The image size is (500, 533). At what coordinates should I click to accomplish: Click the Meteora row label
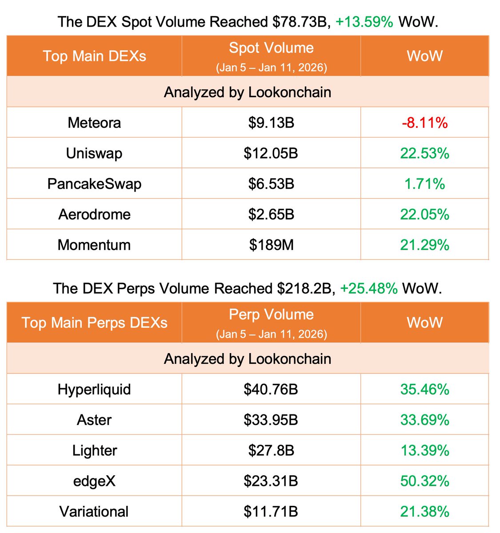[x=94, y=123]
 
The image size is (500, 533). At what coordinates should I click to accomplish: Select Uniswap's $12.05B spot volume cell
[x=271, y=153]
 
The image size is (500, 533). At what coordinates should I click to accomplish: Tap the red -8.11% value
[x=424, y=123]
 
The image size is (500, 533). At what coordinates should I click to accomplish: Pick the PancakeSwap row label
[x=94, y=184]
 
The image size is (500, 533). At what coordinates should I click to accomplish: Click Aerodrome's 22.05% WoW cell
[x=424, y=215]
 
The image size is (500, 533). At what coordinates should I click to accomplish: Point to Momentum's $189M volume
[x=271, y=245]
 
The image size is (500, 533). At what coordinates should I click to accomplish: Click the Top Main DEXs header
[x=94, y=56]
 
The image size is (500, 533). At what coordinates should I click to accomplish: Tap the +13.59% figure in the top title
[x=364, y=22]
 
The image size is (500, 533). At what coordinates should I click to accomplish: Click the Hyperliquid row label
[x=94, y=390]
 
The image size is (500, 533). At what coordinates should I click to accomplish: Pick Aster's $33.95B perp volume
[x=271, y=420]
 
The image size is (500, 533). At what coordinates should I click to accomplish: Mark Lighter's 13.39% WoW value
[x=424, y=450]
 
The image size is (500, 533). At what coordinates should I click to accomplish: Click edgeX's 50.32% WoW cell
[x=424, y=481]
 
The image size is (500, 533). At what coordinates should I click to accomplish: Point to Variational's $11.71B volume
[x=271, y=511]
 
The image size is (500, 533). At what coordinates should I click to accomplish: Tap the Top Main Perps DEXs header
[x=94, y=322]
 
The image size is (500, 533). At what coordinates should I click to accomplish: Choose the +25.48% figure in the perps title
[x=369, y=288]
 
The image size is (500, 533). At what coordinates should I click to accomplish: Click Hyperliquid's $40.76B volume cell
[x=271, y=390]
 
